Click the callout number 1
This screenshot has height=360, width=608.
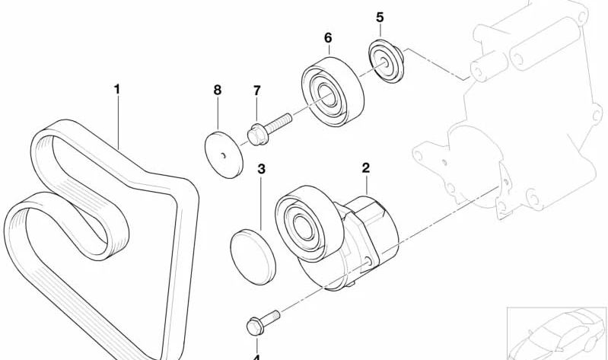pos(117,90)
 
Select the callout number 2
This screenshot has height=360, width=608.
pos(365,167)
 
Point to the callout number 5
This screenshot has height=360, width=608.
pos(380,17)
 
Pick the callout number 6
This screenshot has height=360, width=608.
pos(328,37)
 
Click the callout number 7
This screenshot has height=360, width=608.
pos(256,91)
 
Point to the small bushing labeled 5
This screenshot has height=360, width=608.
pos(385,59)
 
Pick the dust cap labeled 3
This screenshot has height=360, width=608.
pos(253,255)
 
